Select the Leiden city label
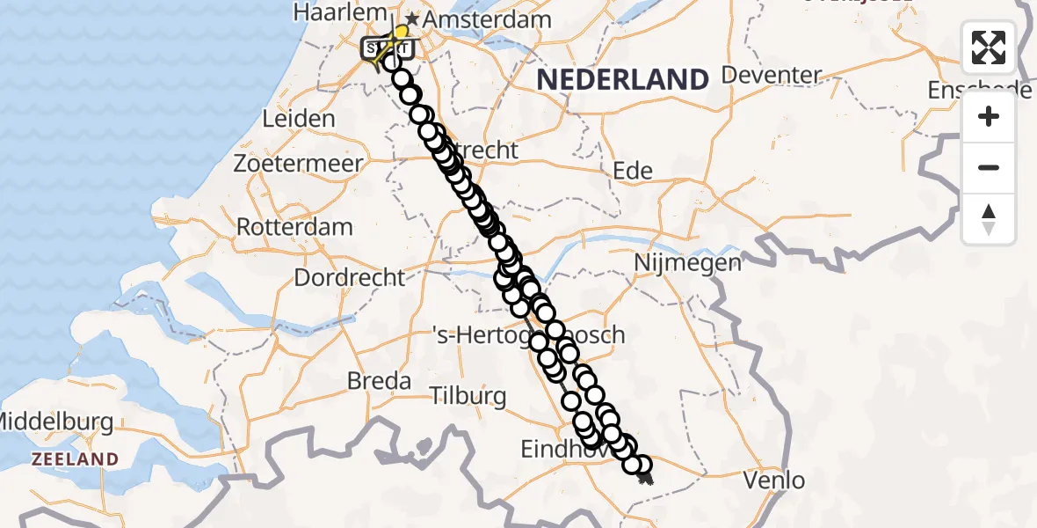(x=299, y=119)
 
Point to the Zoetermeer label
(x=298, y=164)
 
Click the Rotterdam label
(x=294, y=226)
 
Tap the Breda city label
(x=380, y=381)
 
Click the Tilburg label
(x=469, y=395)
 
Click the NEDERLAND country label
(x=622, y=80)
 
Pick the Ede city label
(x=632, y=171)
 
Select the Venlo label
(x=773, y=480)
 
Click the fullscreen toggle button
(x=989, y=48)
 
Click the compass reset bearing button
(x=989, y=218)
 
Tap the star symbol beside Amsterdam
(x=411, y=18)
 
